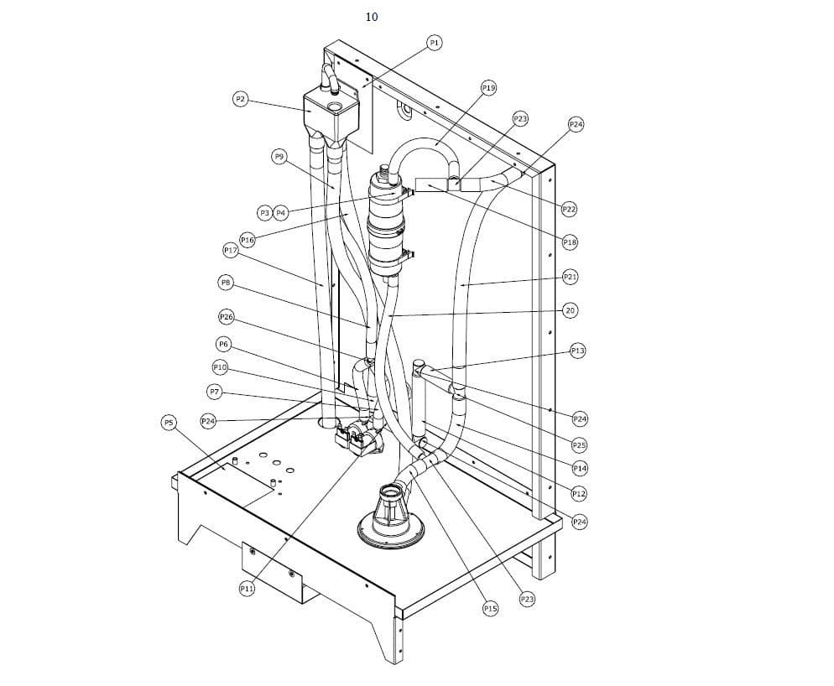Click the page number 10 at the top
[x=372, y=17]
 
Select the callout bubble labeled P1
[x=434, y=43]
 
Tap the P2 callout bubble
[x=240, y=100]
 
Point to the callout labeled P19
[x=488, y=87]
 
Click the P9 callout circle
[x=279, y=156]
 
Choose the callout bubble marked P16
[x=247, y=240]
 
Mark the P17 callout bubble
[x=231, y=250]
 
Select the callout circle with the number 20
[x=570, y=310]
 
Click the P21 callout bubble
[x=570, y=277]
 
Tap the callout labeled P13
[x=577, y=351]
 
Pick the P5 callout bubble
[x=169, y=423]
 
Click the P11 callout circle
[x=247, y=589]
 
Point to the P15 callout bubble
[x=490, y=608]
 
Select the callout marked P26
[x=226, y=317]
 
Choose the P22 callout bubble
[x=569, y=208]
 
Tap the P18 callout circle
[x=570, y=242]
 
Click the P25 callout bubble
[x=579, y=444]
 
